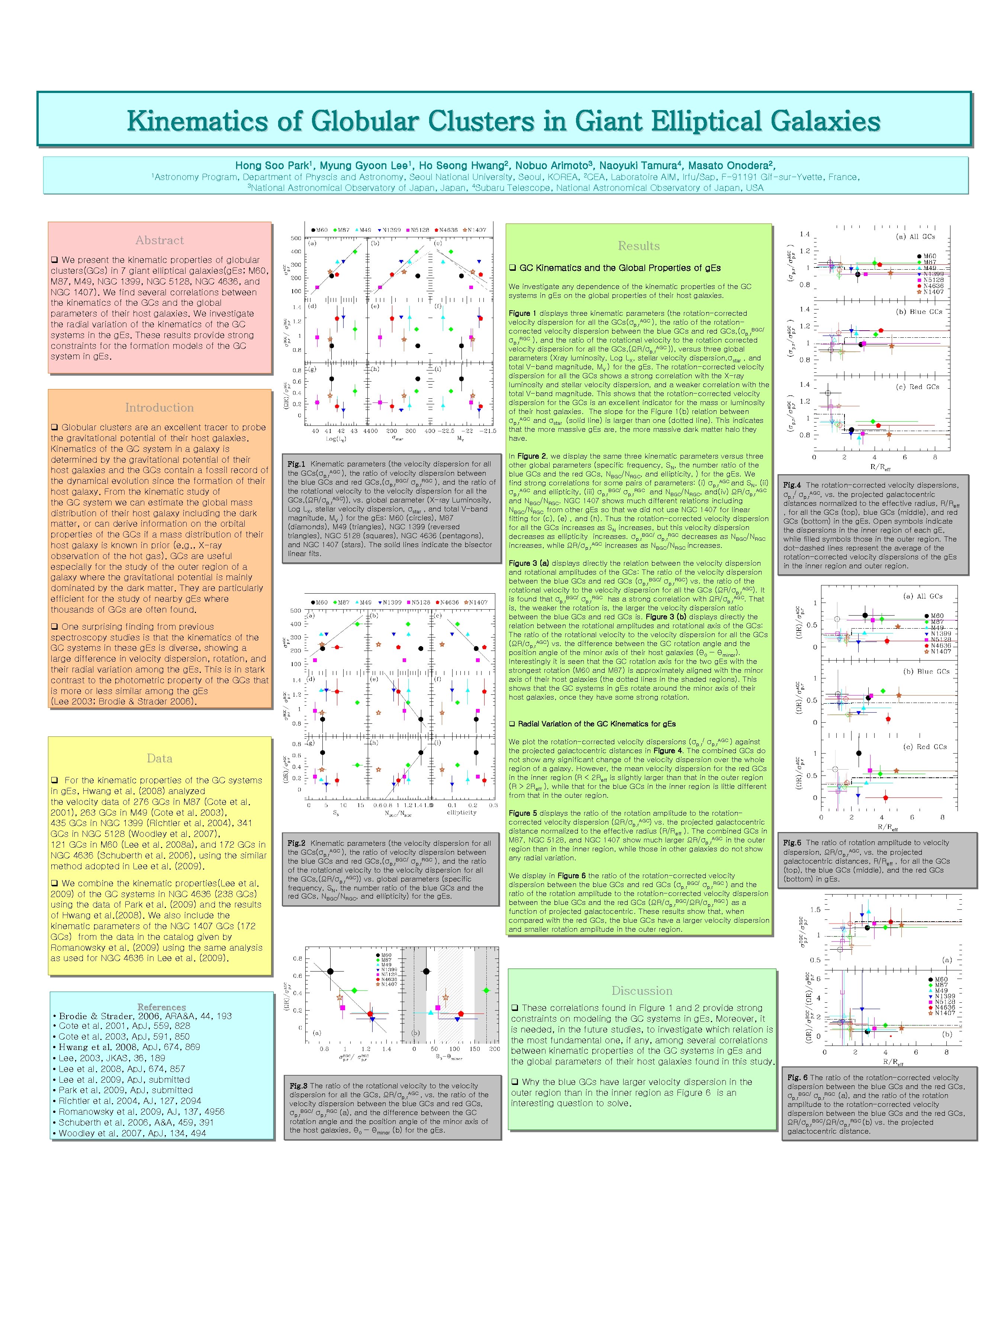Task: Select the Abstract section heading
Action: pyautogui.click(x=159, y=240)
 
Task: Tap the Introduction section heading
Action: pyautogui.click(x=159, y=407)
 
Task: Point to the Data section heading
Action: pyautogui.click(x=159, y=758)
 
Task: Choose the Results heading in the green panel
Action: pyautogui.click(x=638, y=246)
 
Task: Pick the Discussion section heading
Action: pyautogui.click(x=641, y=991)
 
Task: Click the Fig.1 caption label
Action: pyautogui.click(x=296, y=464)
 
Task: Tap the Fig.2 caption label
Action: pyautogui.click(x=296, y=843)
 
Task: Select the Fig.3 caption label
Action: pyautogui.click(x=298, y=1086)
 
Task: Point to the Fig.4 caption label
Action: pyautogui.click(x=792, y=485)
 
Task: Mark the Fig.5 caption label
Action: pyautogui.click(x=792, y=842)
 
